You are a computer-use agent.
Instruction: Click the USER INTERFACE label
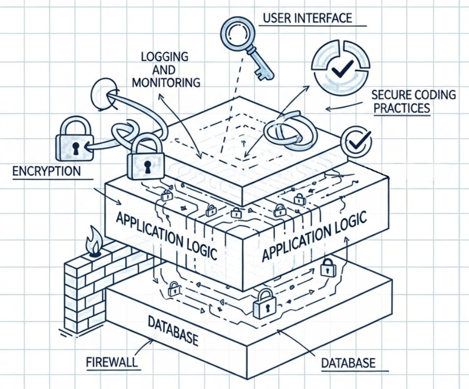307,18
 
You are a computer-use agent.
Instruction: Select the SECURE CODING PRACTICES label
413,101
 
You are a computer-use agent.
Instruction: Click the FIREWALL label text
111,362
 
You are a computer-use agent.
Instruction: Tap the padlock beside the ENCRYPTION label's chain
74,140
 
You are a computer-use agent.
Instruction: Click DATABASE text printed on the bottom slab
173,331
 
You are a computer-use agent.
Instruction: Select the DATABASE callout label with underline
348,363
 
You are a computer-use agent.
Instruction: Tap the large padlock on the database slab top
264,304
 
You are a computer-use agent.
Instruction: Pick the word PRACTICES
402,107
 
